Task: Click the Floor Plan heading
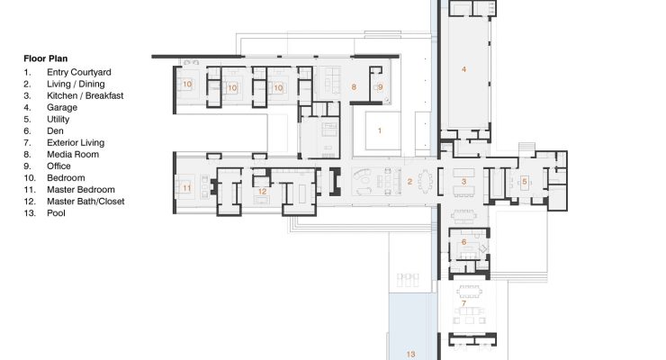point(45,58)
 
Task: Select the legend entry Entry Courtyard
point(79,72)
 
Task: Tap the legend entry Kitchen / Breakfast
point(85,95)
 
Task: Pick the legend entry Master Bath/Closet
point(85,202)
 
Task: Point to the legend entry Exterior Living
point(76,142)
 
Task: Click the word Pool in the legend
point(56,213)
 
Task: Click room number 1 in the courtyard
point(380,130)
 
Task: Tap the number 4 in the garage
point(463,69)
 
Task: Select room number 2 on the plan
point(409,182)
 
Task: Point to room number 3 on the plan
point(463,182)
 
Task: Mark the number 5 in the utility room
point(524,182)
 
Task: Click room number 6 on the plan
point(463,242)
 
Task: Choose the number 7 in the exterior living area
point(463,303)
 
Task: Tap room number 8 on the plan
point(354,87)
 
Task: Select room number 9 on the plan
point(380,87)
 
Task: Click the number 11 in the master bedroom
point(187,188)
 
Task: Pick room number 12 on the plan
point(262,192)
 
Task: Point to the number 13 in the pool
point(410,354)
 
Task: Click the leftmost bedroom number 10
point(187,84)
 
